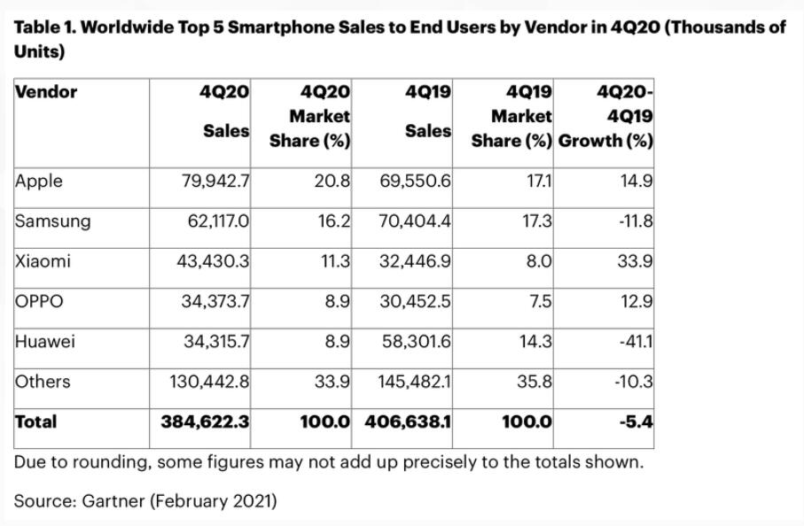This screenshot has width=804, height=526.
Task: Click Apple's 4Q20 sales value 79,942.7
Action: [215, 181]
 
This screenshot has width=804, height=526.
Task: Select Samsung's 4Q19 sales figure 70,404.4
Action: [415, 220]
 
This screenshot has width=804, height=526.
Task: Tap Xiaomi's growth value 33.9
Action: [635, 261]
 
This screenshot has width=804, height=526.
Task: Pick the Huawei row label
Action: [45, 341]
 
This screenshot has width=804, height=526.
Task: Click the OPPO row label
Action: [39, 301]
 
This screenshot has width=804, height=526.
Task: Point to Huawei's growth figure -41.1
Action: [636, 341]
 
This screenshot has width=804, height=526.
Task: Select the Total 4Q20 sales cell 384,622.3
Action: [205, 422]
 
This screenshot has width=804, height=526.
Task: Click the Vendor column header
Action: [46, 92]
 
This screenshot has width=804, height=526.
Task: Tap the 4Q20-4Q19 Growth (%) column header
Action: [605, 116]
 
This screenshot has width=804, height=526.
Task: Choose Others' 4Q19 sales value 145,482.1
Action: [415, 382]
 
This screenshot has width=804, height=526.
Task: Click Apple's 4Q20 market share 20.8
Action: [332, 181]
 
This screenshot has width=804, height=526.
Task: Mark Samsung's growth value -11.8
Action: [636, 220]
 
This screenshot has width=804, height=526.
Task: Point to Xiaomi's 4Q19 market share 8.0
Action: [538, 261]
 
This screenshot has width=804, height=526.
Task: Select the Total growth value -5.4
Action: [636, 422]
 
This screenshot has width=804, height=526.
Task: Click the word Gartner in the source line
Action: [113, 500]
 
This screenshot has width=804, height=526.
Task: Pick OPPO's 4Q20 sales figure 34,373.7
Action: [215, 301]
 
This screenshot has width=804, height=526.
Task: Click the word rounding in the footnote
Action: [113, 462]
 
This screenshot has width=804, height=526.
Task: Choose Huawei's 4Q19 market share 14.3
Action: [535, 341]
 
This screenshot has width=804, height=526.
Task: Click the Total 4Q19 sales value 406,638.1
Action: [408, 422]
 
